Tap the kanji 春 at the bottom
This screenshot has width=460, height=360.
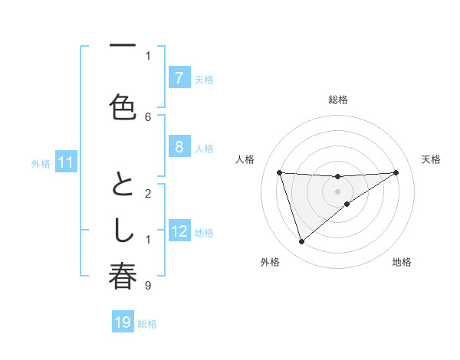click(x=123, y=277)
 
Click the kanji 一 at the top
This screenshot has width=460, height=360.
click(x=123, y=46)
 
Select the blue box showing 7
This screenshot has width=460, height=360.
click(x=179, y=78)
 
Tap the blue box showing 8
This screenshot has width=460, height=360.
click(x=179, y=147)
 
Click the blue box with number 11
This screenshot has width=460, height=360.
click(x=66, y=162)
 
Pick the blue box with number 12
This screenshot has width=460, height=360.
click(x=179, y=231)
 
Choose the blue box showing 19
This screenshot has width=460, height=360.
click(x=123, y=322)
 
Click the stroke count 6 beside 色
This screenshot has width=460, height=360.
click(x=148, y=116)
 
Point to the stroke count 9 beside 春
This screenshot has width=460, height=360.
click(x=148, y=286)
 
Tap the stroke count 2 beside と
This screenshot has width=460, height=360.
click(x=148, y=193)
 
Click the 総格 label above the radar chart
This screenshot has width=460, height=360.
click(x=337, y=100)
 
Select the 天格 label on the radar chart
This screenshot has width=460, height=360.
click(x=431, y=159)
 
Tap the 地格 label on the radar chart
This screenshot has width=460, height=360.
click(x=402, y=262)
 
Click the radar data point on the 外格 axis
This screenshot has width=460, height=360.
click(x=301, y=242)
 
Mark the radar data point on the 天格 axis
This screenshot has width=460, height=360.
click(x=396, y=172)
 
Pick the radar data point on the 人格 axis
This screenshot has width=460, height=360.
click(x=279, y=172)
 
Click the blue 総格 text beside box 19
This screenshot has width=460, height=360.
click(x=147, y=323)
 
